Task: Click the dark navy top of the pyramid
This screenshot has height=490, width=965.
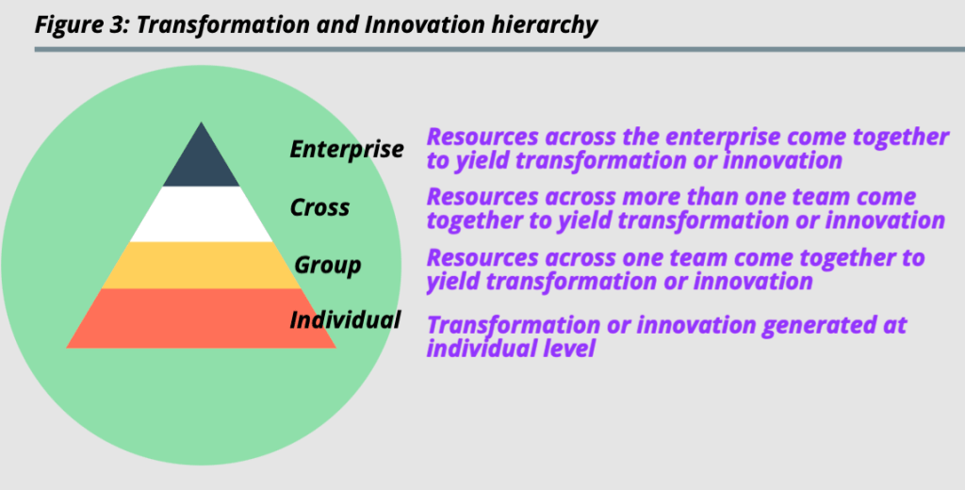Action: (201, 160)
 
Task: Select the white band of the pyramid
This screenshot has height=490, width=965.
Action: (201, 214)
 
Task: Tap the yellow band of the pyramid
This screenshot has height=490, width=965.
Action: (201, 266)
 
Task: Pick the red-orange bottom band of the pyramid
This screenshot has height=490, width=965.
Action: (201, 318)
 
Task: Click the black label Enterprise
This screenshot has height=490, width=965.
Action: (347, 150)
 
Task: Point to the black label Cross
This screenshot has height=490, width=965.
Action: (320, 207)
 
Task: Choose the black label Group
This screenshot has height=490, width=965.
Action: (327, 266)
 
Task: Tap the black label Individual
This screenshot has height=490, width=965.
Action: (345, 319)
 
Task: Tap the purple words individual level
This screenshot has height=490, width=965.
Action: (511, 349)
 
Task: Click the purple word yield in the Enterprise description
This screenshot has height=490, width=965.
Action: (483, 161)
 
